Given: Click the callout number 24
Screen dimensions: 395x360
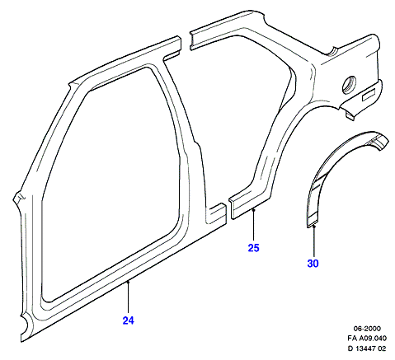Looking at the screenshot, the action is point(128,320).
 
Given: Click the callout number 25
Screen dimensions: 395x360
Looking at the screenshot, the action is point(253,248).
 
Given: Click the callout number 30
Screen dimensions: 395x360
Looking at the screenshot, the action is point(313,264).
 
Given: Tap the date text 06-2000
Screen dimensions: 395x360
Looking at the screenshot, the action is point(367,329).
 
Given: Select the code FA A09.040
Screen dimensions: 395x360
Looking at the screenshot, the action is point(367,339).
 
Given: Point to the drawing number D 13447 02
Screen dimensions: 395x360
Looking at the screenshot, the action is point(367,348).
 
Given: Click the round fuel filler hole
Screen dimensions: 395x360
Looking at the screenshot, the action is point(349,84).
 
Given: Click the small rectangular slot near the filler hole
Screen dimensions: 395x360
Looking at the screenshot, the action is point(369,94).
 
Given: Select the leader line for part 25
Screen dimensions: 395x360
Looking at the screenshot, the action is point(254,226).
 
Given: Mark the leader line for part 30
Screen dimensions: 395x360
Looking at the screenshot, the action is point(313,241).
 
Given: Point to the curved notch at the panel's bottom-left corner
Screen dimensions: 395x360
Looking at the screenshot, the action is point(25,324).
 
